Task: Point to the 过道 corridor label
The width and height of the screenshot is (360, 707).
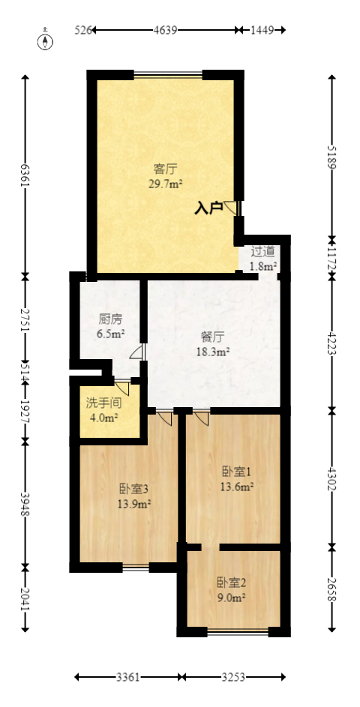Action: tap(262, 252)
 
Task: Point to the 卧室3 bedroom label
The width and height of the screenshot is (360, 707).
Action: tap(135, 489)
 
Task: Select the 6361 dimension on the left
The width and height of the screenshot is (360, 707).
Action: tap(25, 176)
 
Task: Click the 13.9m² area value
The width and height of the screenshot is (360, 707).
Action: tap(135, 504)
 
